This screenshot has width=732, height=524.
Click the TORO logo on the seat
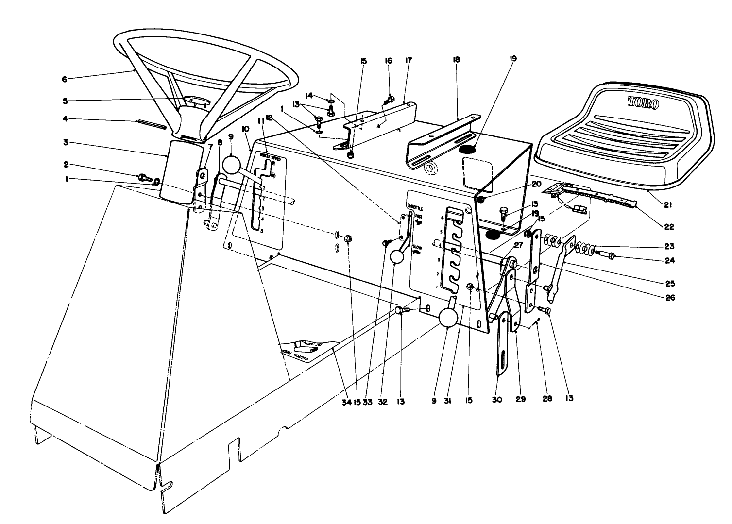coord(643,102)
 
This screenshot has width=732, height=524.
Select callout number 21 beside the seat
coord(667,205)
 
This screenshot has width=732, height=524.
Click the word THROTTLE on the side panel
coord(416,208)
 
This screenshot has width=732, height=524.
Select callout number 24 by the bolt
coord(670,260)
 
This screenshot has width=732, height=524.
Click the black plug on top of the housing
coord(469,150)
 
